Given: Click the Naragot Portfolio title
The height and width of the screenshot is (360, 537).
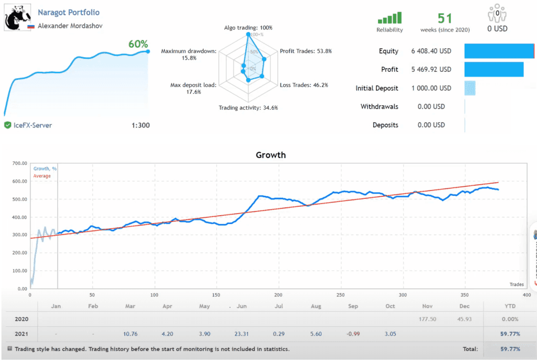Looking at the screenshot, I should pos(69,12).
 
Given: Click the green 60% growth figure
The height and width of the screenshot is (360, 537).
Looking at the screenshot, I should pos(138,44).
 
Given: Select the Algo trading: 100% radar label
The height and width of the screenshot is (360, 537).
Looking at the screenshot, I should pos(248,27).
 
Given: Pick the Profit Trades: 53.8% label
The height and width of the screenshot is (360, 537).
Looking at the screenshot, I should pos(306,51).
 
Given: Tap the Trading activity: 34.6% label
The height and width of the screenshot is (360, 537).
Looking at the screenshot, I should pos(248,108).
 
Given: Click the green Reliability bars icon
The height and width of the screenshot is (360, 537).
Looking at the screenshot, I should pos(390,18).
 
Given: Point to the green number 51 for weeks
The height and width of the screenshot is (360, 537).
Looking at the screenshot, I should pos(445,18).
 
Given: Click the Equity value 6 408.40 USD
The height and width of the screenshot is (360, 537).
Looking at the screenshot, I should pos(431,51).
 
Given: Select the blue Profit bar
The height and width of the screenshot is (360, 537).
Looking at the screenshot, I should pos(493,69).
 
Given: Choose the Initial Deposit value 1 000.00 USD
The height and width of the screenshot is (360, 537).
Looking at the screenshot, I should pos(431,88).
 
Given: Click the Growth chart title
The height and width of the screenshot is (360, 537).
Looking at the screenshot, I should pos(271,155).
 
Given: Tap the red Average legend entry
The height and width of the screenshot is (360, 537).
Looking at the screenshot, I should pos(42,176).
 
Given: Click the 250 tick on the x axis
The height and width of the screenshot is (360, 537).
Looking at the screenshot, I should pos(341,294).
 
